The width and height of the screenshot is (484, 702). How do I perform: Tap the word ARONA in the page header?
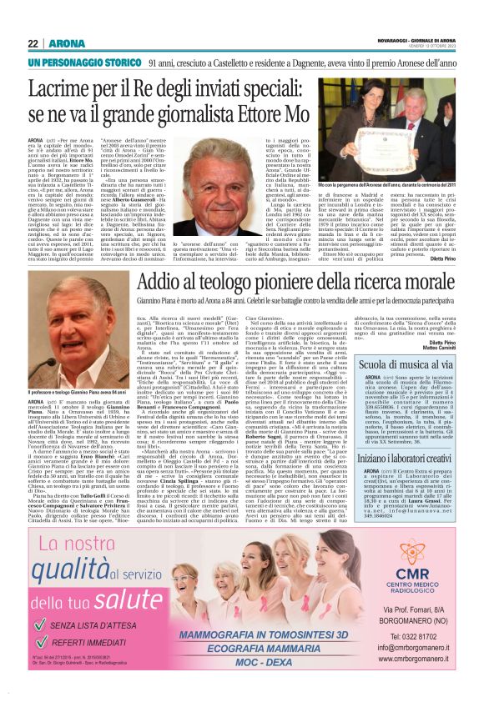[x=63, y=43]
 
